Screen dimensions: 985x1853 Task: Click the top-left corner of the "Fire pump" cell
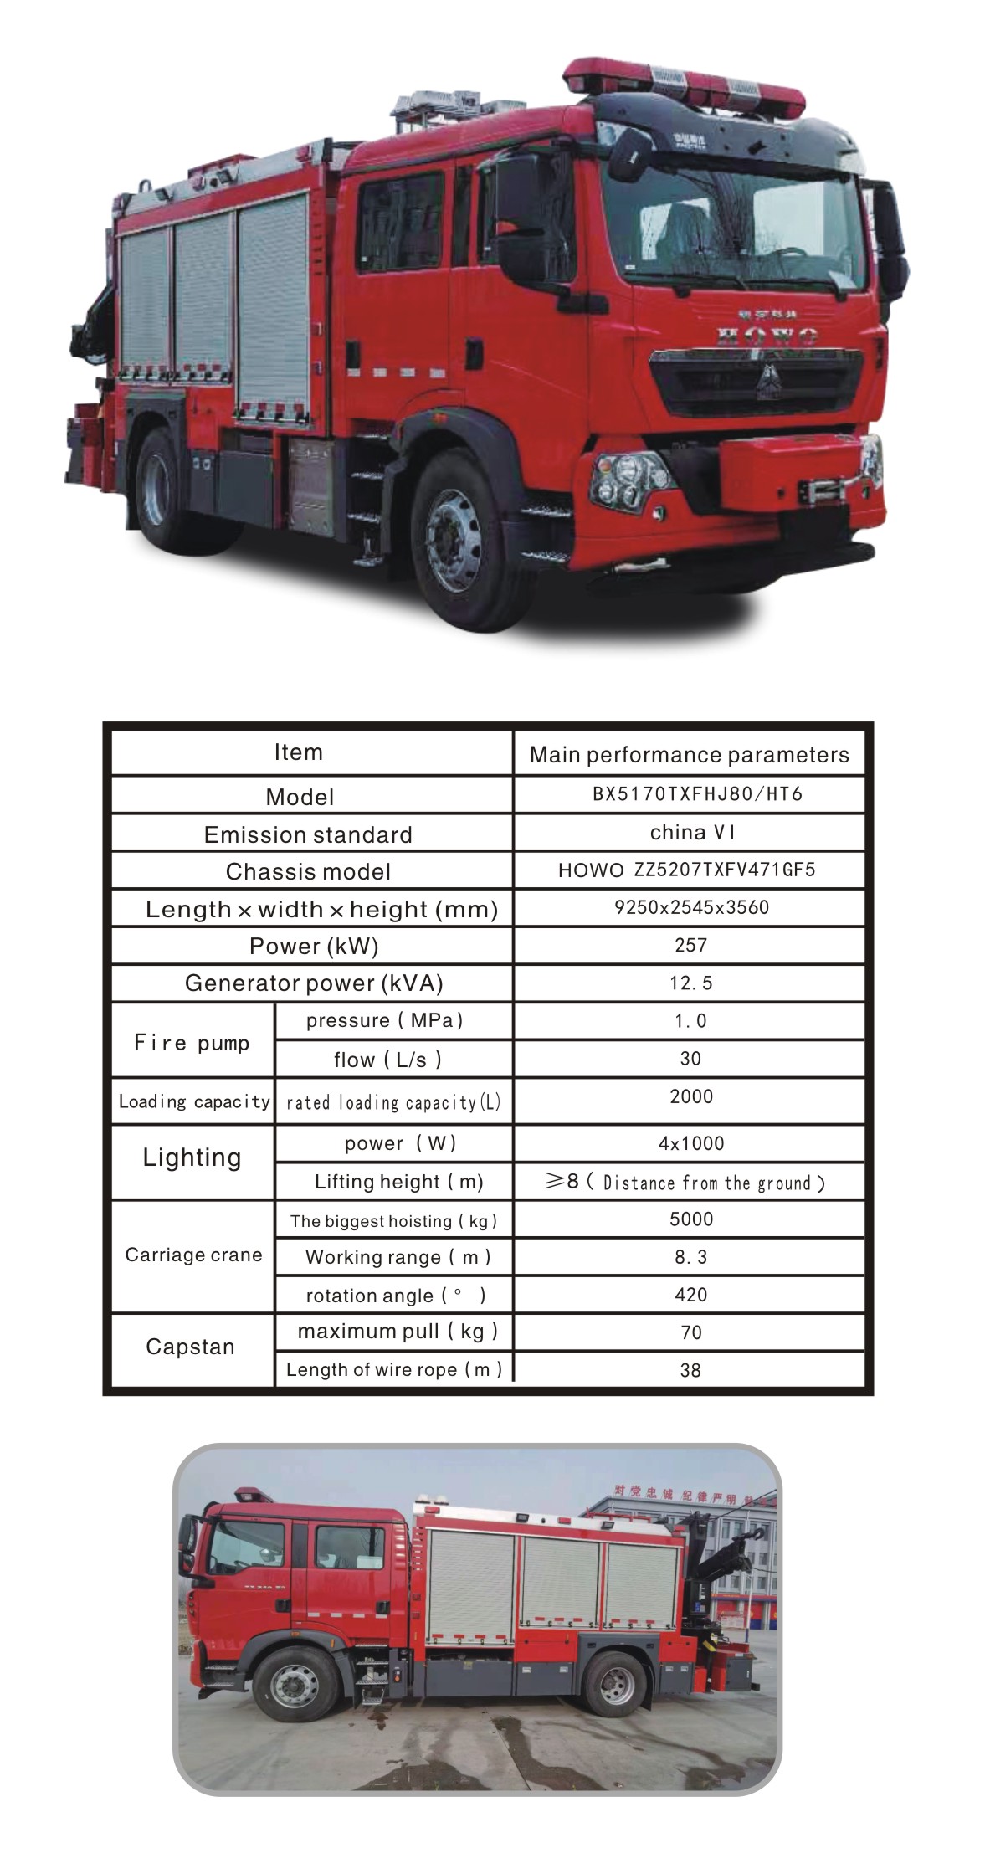click(112, 1003)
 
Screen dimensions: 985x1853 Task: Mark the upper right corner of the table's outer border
click(873, 722)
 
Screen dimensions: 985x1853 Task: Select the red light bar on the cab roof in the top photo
click(682, 83)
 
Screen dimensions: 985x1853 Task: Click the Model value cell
click(690, 794)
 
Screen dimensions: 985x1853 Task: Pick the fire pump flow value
click(690, 1059)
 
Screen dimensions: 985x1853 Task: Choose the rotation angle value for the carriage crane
click(691, 1295)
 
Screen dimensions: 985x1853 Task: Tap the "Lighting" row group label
click(192, 1157)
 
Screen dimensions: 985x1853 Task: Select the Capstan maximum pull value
click(691, 1332)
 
